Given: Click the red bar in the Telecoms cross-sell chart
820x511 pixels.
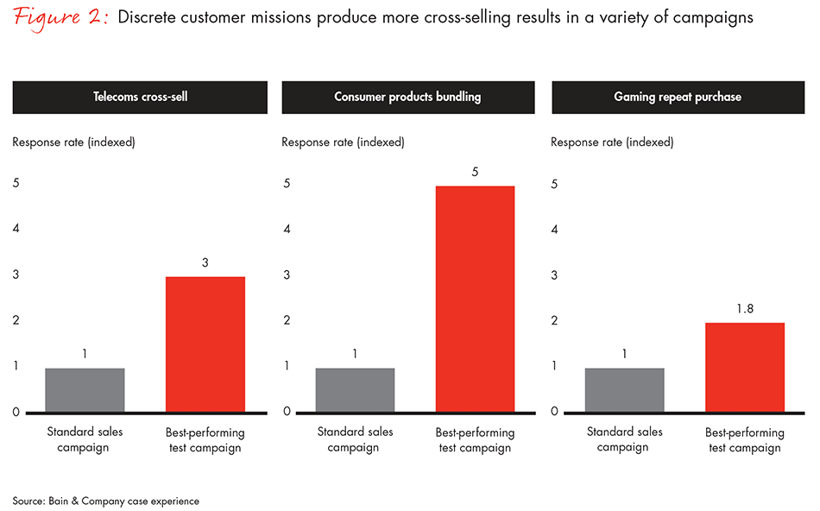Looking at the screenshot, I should [x=205, y=344].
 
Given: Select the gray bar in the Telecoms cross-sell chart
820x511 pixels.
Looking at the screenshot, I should [x=85, y=389].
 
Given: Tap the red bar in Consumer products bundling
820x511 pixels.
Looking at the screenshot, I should [x=475, y=299].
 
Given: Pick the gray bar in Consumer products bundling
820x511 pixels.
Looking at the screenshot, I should [x=355, y=389].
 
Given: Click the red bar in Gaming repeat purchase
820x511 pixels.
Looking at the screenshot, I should [x=744, y=367].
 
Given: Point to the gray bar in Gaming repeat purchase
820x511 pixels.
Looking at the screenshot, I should [x=624, y=389].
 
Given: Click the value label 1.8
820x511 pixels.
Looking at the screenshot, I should [x=744, y=308].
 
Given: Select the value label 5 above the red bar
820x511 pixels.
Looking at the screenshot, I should [x=475, y=171].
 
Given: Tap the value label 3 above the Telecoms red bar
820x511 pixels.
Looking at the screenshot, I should [x=205, y=262].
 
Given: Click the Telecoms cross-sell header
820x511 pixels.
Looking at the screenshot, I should [x=141, y=97].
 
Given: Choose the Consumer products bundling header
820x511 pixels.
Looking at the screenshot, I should [x=407, y=97].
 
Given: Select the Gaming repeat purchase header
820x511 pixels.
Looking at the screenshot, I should [x=678, y=97].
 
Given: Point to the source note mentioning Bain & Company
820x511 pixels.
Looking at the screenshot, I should [x=106, y=501].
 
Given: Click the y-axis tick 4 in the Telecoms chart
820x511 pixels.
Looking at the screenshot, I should [x=16, y=229].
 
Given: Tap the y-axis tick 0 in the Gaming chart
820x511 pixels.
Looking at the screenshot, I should [x=555, y=412].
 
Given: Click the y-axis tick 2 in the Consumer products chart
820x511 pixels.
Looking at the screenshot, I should [x=286, y=320].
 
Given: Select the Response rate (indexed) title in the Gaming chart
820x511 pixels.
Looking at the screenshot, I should [x=612, y=142].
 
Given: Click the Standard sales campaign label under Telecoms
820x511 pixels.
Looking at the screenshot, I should [x=85, y=439].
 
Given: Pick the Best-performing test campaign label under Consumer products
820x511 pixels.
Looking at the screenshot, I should [x=475, y=439].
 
